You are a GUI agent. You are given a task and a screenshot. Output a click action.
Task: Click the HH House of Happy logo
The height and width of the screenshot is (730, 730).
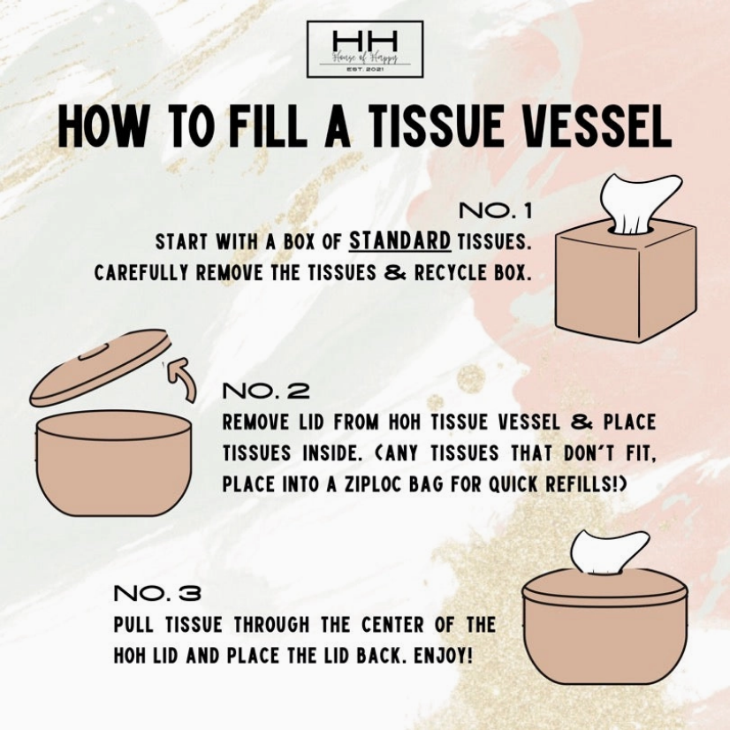coord(364,49)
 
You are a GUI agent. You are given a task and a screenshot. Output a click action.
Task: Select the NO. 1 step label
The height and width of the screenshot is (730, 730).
coord(495,212)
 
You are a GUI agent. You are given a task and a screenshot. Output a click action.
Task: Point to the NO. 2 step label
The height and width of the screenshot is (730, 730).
coord(265,391)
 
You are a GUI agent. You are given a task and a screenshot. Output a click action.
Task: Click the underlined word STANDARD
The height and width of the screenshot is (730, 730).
coord(400,241)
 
